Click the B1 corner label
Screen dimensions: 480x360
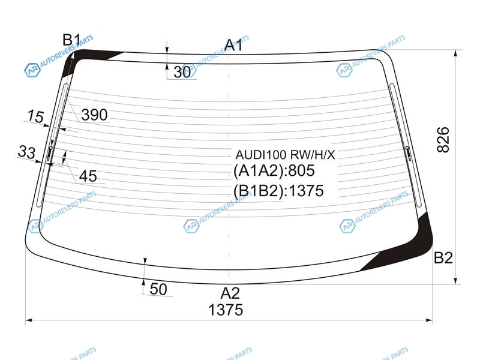tap(71, 40)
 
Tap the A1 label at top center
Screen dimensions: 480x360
tap(234, 45)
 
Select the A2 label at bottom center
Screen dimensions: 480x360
tap(230, 293)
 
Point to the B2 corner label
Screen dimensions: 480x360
tap(443, 258)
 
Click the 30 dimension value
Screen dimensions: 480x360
tap(182, 72)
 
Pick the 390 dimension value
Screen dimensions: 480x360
tap(94, 115)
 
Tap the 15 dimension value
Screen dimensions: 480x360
tap(35, 116)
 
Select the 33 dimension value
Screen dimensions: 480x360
tap(26, 152)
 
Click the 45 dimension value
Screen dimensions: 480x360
tap(88, 176)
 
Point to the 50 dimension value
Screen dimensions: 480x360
tap(158, 289)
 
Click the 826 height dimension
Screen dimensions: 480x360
tap(443, 140)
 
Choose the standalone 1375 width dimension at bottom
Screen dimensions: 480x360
tap(226, 310)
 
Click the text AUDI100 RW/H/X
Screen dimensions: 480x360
tap(285, 155)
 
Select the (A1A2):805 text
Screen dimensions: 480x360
tap(274, 170)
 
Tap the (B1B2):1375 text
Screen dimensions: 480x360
tap(278, 191)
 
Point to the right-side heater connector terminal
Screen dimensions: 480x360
tap(408, 153)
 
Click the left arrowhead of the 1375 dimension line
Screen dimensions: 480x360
tap(29, 320)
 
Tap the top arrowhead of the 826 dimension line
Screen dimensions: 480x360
tap(456, 53)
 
